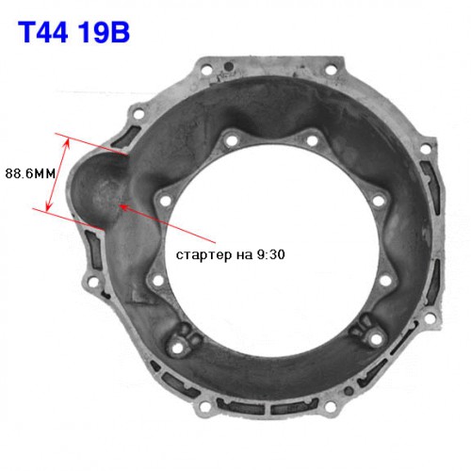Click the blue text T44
pos(43,33)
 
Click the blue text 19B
pos(104,33)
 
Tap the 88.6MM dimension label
pos(30,173)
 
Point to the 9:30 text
pos(270,254)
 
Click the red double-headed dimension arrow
pos(57,175)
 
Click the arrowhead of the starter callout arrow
pos(124,207)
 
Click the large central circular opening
pos(272,252)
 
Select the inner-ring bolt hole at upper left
pos(232,140)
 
